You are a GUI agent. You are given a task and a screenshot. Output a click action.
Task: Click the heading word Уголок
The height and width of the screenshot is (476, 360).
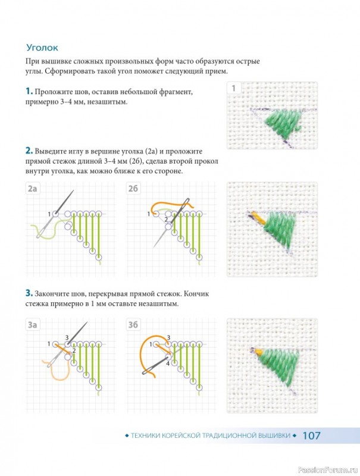[x=42, y=48]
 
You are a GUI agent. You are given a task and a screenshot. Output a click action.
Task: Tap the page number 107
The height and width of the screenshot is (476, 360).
[x=311, y=436]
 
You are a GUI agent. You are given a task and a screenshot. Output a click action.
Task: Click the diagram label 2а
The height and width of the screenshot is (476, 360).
[x=32, y=189]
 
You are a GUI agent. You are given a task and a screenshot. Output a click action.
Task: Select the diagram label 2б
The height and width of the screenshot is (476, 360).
[x=133, y=189]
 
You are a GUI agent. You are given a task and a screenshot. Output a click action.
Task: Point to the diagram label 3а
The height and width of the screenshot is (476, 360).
[x=32, y=325]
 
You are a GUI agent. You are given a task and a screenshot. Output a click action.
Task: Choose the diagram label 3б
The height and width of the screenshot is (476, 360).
[x=133, y=325]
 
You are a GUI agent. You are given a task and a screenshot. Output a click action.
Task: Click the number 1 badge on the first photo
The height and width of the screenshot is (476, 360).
[x=233, y=88]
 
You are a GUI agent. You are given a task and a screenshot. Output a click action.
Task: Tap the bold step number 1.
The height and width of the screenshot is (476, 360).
[x=29, y=91]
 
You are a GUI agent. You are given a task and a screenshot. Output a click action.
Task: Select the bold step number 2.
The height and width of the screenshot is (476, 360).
[x=29, y=151]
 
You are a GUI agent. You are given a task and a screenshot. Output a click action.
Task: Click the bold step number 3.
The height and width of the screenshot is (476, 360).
[x=29, y=293]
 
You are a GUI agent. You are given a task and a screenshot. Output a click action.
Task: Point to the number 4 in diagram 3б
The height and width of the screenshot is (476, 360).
[x=168, y=363]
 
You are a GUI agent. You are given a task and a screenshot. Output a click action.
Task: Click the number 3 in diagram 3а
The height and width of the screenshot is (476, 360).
[x=67, y=337]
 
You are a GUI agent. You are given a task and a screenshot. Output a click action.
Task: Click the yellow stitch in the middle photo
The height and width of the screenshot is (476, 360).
[x=258, y=218]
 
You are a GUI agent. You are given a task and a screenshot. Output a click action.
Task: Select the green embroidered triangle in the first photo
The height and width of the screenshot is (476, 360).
[x=284, y=124]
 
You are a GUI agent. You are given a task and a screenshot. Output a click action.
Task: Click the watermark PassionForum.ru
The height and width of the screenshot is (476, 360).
[x=328, y=470]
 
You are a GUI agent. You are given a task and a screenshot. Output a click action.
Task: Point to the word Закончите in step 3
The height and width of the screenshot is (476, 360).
[x=52, y=294]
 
